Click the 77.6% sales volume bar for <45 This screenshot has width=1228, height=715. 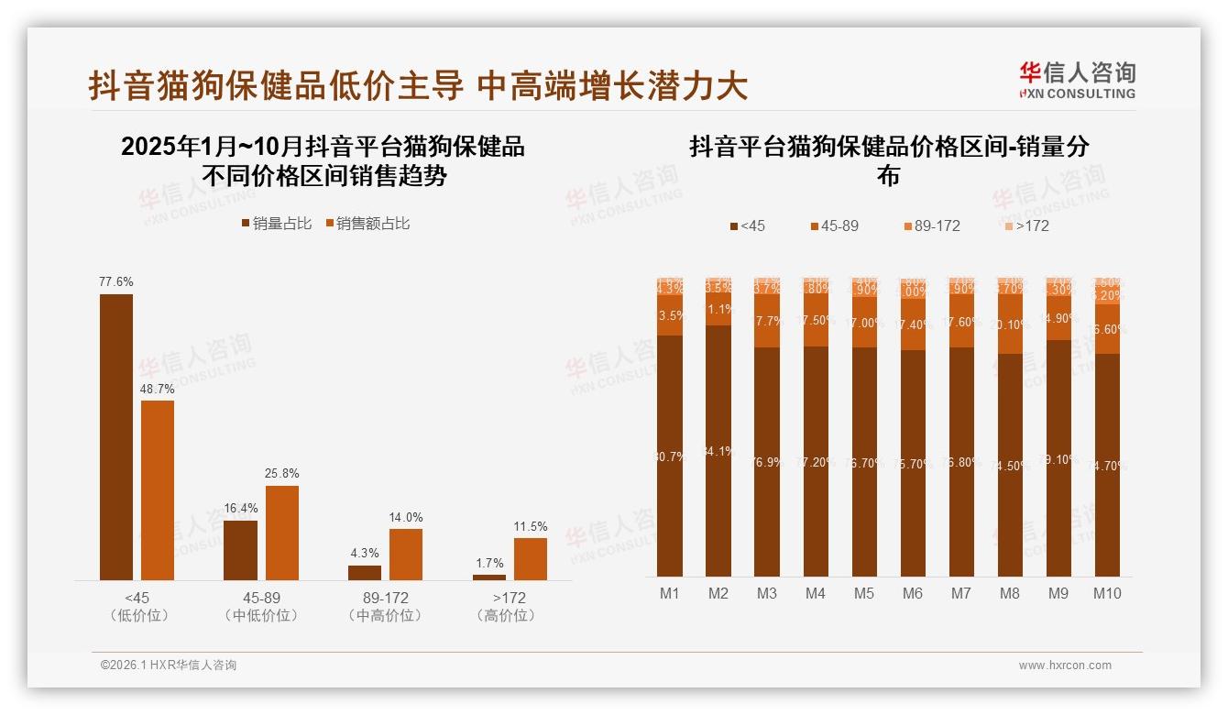tap(116, 436)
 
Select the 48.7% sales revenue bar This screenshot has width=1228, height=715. tap(158, 489)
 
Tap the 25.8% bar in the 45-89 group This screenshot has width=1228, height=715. tap(282, 533)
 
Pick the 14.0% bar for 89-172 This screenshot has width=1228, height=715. tap(406, 554)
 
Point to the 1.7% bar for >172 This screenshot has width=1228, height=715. tap(489, 577)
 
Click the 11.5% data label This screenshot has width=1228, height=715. tap(531, 526)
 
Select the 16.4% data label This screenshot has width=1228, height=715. tap(240, 509)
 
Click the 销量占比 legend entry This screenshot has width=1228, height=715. tap(276, 223)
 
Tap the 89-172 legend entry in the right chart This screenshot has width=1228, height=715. tap(931, 225)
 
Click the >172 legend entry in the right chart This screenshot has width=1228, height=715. tap(1025, 225)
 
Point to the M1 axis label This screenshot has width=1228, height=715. tap(670, 593)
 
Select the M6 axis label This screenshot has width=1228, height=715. tap(913, 593)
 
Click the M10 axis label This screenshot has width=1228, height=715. tap(1107, 593)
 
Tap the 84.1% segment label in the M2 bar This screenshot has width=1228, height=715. tap(718, 451)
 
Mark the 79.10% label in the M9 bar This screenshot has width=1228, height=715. tap(1058, 459)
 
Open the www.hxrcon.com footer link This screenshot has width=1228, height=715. tap(1065, 665)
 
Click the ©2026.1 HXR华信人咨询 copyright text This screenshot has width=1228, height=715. tap(168, 665)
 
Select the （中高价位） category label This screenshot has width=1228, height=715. tap(386, 616)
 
